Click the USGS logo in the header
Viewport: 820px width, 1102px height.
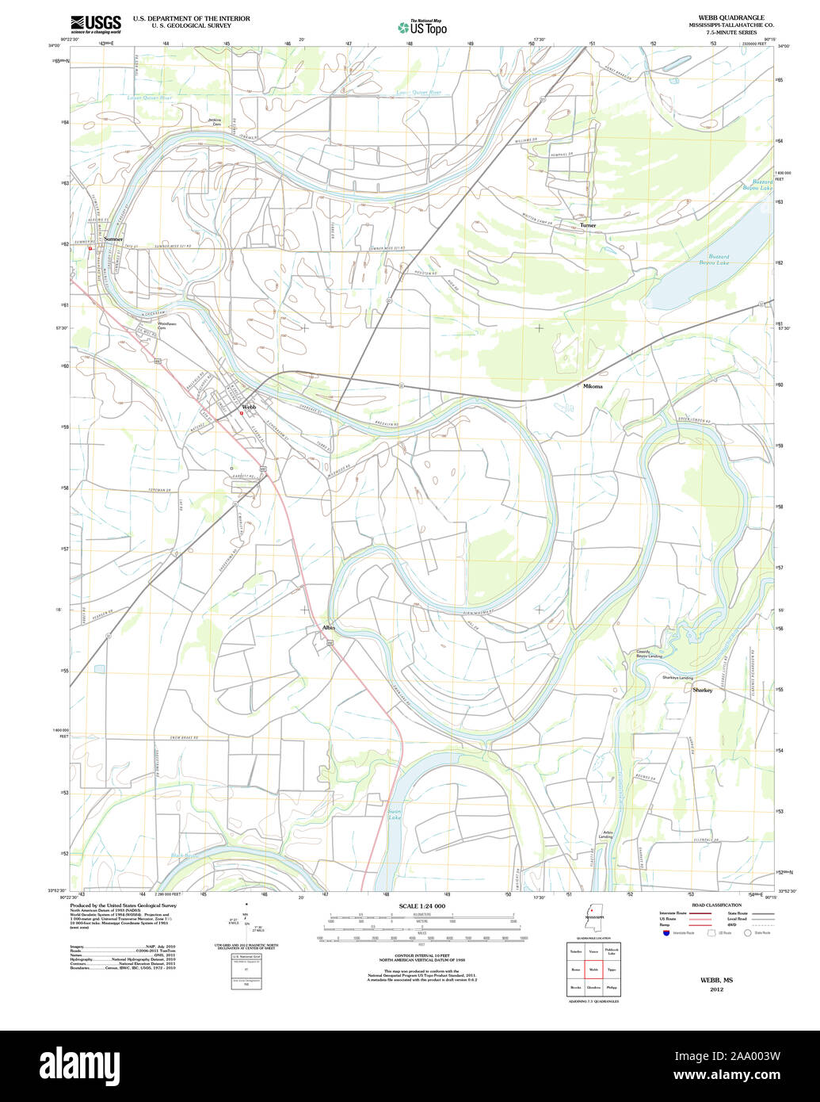(x=96, y=25)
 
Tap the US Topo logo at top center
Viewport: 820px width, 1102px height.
(x=422, y=28)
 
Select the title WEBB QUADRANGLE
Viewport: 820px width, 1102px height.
(x=719, y=17)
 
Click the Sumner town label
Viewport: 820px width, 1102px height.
(x=113, y=239)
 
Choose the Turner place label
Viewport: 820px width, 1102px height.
(x=587, y=225)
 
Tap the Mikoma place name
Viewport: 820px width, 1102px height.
(x=593, y=386)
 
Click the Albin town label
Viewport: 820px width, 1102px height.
(x=329, y=627)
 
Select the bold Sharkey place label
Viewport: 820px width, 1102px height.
(x=702, y=690)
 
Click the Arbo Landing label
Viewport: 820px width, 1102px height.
(x=605, y=835)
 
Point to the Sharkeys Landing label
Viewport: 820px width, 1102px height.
(x=677, y=678)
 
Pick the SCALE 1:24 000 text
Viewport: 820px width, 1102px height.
(x=422, y=906)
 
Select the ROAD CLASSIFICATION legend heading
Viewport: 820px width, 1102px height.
(x=716, y=905)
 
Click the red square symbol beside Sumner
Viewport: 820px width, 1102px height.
(x=90, y=248)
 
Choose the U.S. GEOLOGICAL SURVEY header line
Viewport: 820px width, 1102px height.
(x=191, y=25)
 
